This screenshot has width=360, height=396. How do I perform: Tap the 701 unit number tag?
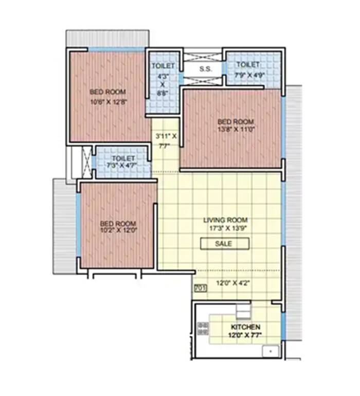coord(200,289)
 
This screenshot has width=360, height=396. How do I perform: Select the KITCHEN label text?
coord(245,327)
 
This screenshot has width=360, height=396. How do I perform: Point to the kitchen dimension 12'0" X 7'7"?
coord(245,335)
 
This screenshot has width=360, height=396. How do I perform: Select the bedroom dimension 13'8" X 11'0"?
coord(236,130)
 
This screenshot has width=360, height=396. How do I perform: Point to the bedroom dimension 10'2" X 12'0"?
coord(118,231)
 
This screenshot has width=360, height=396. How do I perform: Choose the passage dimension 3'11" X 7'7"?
coord(166,141)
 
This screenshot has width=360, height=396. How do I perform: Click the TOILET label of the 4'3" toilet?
coord(163,66)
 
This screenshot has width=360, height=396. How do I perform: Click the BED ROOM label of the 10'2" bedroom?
coord(118,223)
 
